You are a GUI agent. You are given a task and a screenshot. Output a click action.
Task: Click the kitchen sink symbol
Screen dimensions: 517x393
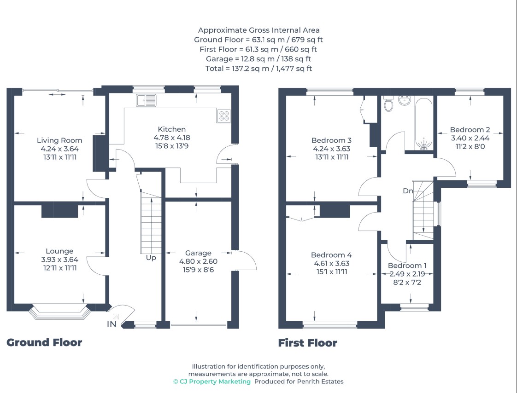click(146, 100)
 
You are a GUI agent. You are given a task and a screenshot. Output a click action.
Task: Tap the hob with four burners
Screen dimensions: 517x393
click(224, 116)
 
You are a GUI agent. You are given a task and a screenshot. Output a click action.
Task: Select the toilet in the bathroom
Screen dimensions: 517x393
click(389, 104)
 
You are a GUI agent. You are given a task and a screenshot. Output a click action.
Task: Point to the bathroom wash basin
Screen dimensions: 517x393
click(404, 100)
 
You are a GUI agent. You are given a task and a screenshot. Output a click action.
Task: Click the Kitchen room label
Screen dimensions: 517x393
click(171, 129)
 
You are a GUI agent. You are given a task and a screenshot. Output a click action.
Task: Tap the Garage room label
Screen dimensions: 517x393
click(198, 253)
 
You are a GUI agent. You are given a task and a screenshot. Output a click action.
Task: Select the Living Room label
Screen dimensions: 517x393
click(59, 140)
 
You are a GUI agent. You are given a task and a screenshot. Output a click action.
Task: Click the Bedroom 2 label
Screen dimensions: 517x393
click(470, 130)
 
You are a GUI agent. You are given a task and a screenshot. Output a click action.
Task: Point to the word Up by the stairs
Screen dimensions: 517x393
click(151, 258)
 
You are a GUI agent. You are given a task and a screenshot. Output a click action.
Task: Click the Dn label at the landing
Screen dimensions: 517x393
click(408, 191)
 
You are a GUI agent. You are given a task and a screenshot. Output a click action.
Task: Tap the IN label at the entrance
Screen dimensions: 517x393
click(112, 324)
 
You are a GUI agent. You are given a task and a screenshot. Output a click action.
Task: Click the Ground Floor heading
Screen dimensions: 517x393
click(44, 342)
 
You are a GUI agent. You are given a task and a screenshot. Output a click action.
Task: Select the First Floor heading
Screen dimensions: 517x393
click(308, 343)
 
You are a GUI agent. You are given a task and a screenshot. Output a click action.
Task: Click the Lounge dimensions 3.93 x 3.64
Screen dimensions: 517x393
click(60, 260)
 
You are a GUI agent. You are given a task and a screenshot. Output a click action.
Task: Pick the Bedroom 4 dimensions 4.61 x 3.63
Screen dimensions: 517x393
click(331, 264)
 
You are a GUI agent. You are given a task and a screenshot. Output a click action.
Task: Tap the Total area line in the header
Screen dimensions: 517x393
click(258, 69)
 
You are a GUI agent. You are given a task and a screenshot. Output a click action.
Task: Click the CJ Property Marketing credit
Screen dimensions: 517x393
click(212, 381)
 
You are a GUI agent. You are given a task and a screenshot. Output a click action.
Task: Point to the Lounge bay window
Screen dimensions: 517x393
click(59, 312)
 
